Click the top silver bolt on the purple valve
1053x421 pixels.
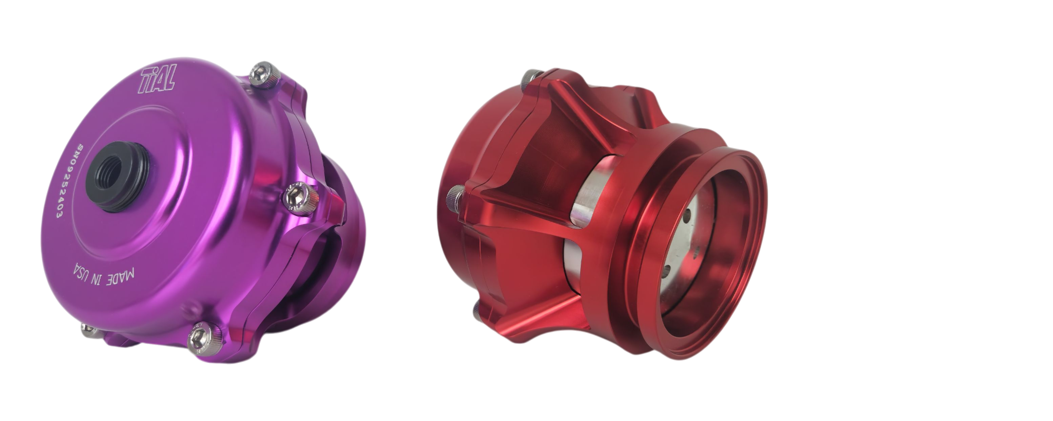[262, 74]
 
